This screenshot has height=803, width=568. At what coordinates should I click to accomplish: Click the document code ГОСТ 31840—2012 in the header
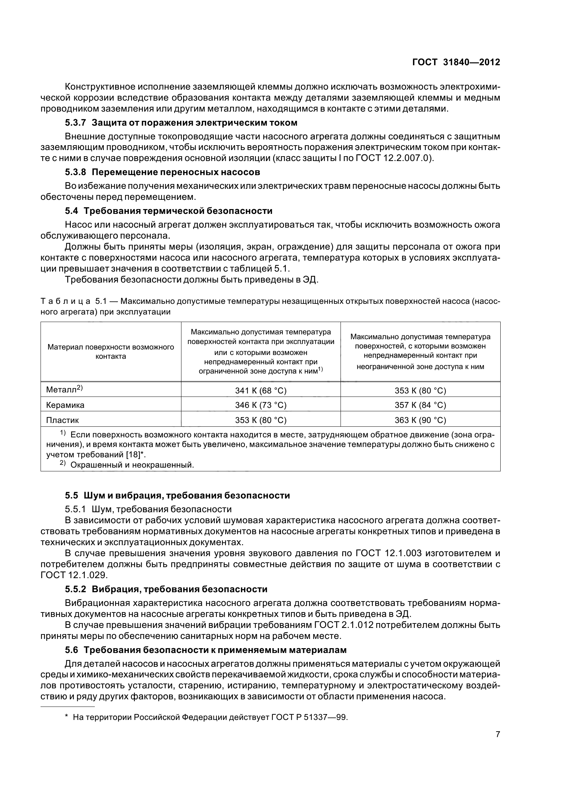click(x=456, y=62)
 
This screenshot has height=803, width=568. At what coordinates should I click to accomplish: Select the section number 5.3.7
click(x=75, y=123)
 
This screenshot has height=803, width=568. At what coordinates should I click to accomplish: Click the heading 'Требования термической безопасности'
click(x=178, y=211)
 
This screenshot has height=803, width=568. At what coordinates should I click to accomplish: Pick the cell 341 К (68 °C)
click(x=261, y=391)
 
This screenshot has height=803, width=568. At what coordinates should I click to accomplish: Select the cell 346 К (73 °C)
click(x=261, y=405)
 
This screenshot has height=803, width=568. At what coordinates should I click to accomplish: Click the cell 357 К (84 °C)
click(x=420, y=405)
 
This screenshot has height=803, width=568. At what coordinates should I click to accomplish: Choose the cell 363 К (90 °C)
click(x=420, y=420)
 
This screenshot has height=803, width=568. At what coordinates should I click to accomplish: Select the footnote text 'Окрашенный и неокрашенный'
click(x=132, y=465)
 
